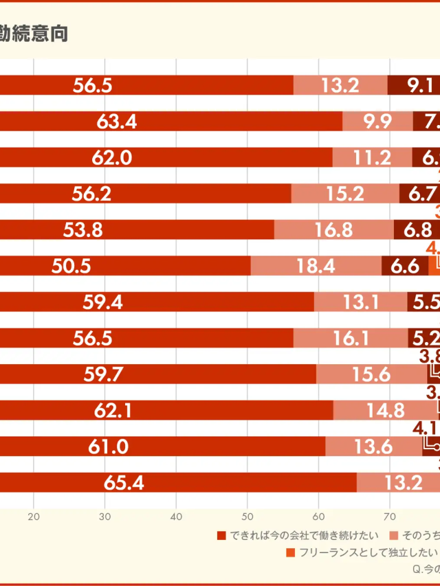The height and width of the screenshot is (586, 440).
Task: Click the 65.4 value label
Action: pyautogui.click(x=124, y=483)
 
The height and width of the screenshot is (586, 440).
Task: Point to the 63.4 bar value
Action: pyautogui.click(x=117, y=122)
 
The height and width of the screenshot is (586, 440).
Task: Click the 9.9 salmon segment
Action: pyautogui.click(x=377, y=122)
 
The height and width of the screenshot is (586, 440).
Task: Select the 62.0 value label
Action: pyautogui.click(x=112, y=157)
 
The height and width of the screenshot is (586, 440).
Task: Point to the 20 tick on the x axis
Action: pyautogui.click(x=33, y=517)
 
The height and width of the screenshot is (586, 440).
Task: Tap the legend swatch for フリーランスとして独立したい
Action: pyautogui.click(x=290, y=552)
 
